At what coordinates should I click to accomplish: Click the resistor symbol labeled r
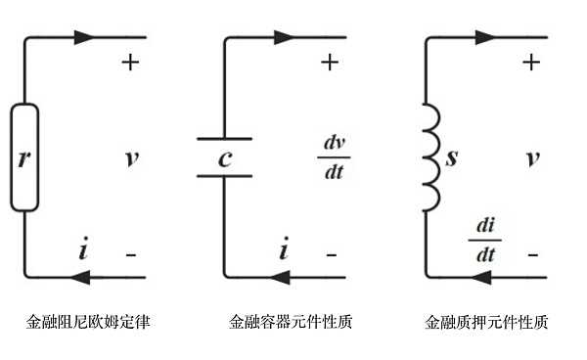[x=24, y=157]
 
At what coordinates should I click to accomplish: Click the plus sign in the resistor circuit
[x=130, y=63]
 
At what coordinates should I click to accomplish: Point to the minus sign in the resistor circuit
[x=130, y=254]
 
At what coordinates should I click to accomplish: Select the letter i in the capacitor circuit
[x=284, y=252]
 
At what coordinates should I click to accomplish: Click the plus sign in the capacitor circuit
[x=331, y=63]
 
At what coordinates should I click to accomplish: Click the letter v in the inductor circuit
[x=531, y=157]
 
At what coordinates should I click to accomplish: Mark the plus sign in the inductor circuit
[x=531, y=63]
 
